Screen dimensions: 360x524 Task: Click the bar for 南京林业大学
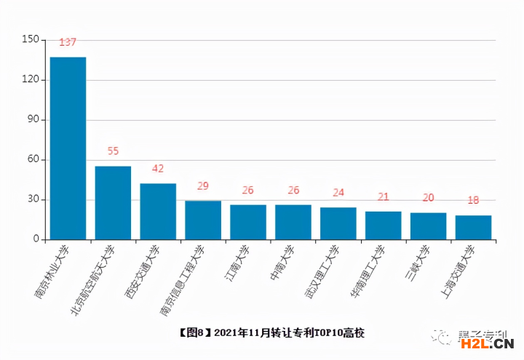(x=68, y=148)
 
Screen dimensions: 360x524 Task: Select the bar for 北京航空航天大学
(x=113, y=203)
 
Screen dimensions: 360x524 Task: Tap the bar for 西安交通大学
(x=158, y=212)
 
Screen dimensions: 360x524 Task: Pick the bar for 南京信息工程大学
(x=203, y=220)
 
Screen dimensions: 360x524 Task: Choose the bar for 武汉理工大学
(x=338, y=223)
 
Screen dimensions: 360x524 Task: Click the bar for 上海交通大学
(x=473, y=228)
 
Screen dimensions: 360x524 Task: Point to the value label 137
(x=68, y=42)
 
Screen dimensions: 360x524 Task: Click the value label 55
(x=113, y=151)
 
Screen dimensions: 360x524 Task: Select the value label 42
(x=158, y=169)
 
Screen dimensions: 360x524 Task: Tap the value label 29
(x=203, y=186)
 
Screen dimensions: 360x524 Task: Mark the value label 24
(x=338, y=193)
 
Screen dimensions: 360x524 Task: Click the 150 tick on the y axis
(x=31, y=39)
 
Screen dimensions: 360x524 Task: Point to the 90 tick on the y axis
(x=33, y=119)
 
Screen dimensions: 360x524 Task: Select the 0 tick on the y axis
(x=36, y=239)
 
